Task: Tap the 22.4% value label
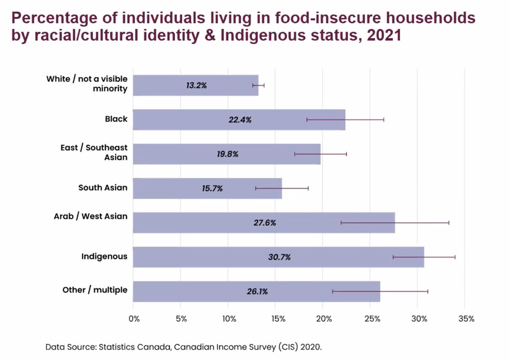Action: pyautogui.click(x=240, y=120)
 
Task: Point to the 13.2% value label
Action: pyautogui.click(x=196, y=85)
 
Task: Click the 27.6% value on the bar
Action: pyautogui.click(x=265, y=223)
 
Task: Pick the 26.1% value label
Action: pyautogui.click(x=257, y=292)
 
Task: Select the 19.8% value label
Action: pyautogui.click(x=227, y=154)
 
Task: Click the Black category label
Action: pyautogui.click(x=116, y=119)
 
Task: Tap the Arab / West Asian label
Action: pyautogui.click(x=90, y=216)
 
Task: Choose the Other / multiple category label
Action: pyautogui.click(x=95, y=290)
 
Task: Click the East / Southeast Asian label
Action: pyautogui.click(x=94, y=153)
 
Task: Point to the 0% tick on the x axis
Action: pyautogui.click(x=134, y=319)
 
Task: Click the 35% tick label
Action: pyautogui.click(x=466, y=319)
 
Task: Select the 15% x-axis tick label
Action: pyautogui.click(x=277, y=319)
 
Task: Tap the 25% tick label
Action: pyautogui.click(x=371, y=319)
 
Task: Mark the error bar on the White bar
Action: pyautogui.click(x=258, y=85)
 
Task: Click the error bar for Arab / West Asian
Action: pyautogui.click(x=394, y=223)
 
